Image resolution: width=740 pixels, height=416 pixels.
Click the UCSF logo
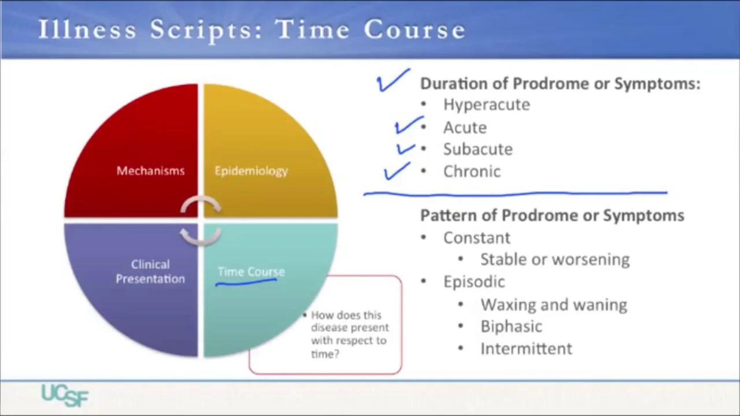coord(65,395)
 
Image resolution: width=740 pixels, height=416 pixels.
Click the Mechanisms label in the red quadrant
coord(150,170)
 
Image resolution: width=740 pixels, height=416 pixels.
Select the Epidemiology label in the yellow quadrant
coord(251,170)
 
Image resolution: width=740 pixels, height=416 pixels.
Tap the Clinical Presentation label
coord(150,272)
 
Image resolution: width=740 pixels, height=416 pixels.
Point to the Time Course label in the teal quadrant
coord(251,271)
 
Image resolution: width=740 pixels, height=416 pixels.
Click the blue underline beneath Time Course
coord(246,283)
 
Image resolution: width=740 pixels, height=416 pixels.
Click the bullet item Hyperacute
coord(486,105)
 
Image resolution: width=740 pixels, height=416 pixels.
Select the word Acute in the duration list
coord(465,127)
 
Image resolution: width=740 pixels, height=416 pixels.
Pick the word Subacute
coord(478,149)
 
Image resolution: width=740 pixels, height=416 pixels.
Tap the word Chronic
coord(472,172)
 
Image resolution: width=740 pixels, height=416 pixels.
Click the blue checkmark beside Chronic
coord(397,172)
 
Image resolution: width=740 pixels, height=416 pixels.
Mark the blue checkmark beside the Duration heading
coord(393,81)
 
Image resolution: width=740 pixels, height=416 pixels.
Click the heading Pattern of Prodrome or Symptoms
coord(552,216)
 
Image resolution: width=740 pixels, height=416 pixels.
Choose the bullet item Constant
coord(476,237)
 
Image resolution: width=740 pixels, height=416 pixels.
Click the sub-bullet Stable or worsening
coord(554,259)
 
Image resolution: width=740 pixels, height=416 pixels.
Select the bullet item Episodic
coord(473,281)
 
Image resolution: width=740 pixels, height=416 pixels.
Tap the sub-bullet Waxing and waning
coord(553,304)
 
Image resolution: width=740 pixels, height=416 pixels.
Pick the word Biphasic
coord(511,326)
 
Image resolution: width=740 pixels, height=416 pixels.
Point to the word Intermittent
coord(526,348)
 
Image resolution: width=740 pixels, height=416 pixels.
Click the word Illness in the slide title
coord(87,30)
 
